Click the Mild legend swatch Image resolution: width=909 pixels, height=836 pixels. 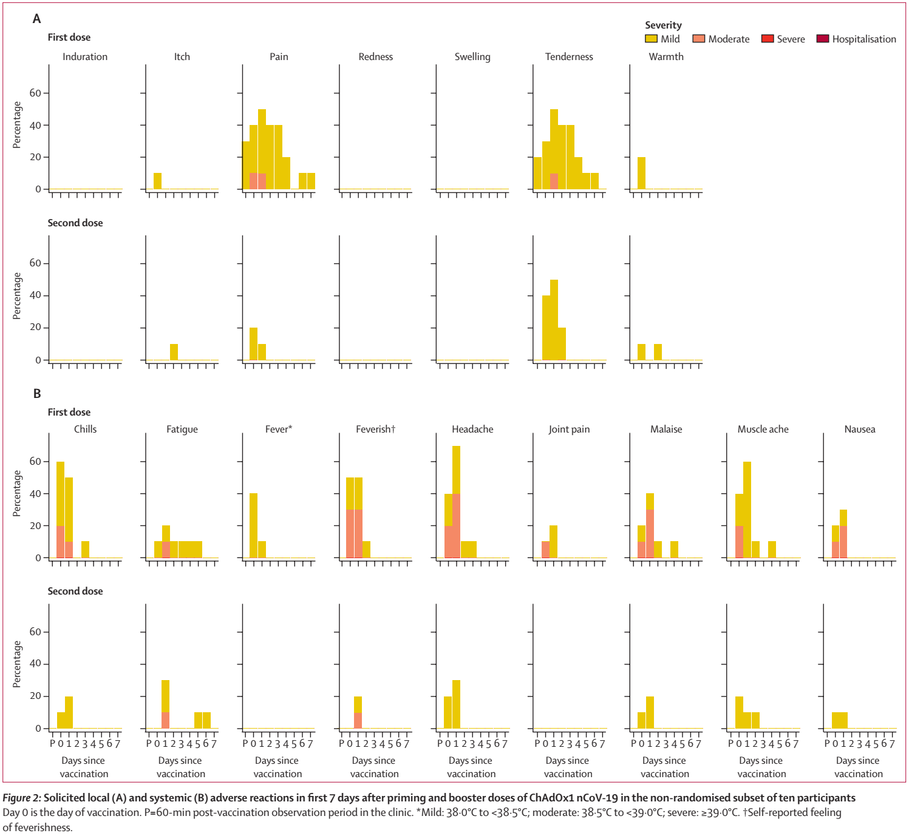click(651, 39)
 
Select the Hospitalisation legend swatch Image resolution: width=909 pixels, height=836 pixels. click(822, 39)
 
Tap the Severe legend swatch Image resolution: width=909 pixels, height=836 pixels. click(767, 39)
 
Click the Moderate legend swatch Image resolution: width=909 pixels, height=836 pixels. click(698, 39)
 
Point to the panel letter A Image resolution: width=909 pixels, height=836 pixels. click(36, 19)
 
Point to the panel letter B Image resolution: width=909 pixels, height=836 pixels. click(37, 394)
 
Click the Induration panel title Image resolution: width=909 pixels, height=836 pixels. click(85, 56)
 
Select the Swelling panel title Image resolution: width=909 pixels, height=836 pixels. click(472, 56)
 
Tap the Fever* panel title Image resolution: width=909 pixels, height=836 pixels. click(279, 429)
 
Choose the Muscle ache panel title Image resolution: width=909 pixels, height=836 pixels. click(763, 429)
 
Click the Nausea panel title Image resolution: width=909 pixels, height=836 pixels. click(860, 429)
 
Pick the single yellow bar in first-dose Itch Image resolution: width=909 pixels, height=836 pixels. click(157, 181)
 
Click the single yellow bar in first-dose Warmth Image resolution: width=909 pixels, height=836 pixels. click(641, 173)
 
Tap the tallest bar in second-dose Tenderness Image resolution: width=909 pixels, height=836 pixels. click(554, 320)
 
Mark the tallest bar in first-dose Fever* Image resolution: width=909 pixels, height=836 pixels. click(253, 525)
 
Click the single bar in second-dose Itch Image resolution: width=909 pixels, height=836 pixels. click(174, 352)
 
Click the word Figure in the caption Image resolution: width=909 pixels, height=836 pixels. click(16, 798)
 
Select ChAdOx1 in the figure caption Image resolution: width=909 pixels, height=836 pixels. click(551, 798)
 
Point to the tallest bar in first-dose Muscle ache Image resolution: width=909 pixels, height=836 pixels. click(747, 510)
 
